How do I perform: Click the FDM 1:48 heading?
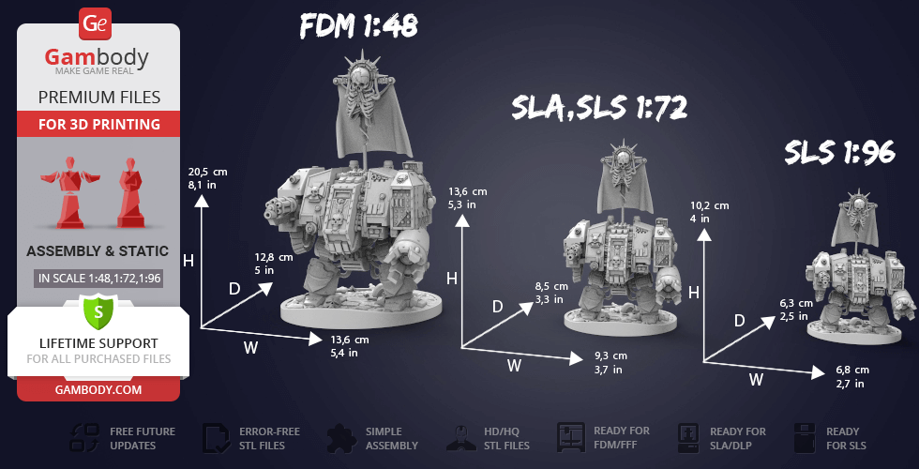point(358,26)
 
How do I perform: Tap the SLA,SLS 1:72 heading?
point(599,108)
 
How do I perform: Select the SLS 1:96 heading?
point(840,152)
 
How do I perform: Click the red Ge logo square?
point(95,24)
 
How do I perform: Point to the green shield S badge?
point(98,311)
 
